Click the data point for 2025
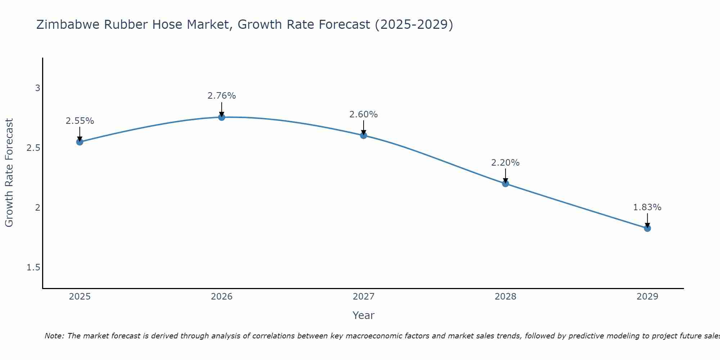(80, 142)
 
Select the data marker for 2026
(221, 117)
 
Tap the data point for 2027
(363, 135)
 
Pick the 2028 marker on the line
(505, 184)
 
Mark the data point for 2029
(647, 228)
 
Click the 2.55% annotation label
(80, 121)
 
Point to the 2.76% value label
(221, 96)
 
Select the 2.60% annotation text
(363, 114)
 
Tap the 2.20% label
(505, 163)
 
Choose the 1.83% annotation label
(647, 207)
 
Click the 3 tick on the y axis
(37, 88)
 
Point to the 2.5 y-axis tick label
(33, 148)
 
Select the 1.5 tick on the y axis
(33, 267)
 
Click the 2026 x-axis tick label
(221, 297)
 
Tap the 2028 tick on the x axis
(505, 297)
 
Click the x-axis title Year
(363, 315)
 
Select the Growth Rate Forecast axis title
(9, 173)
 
